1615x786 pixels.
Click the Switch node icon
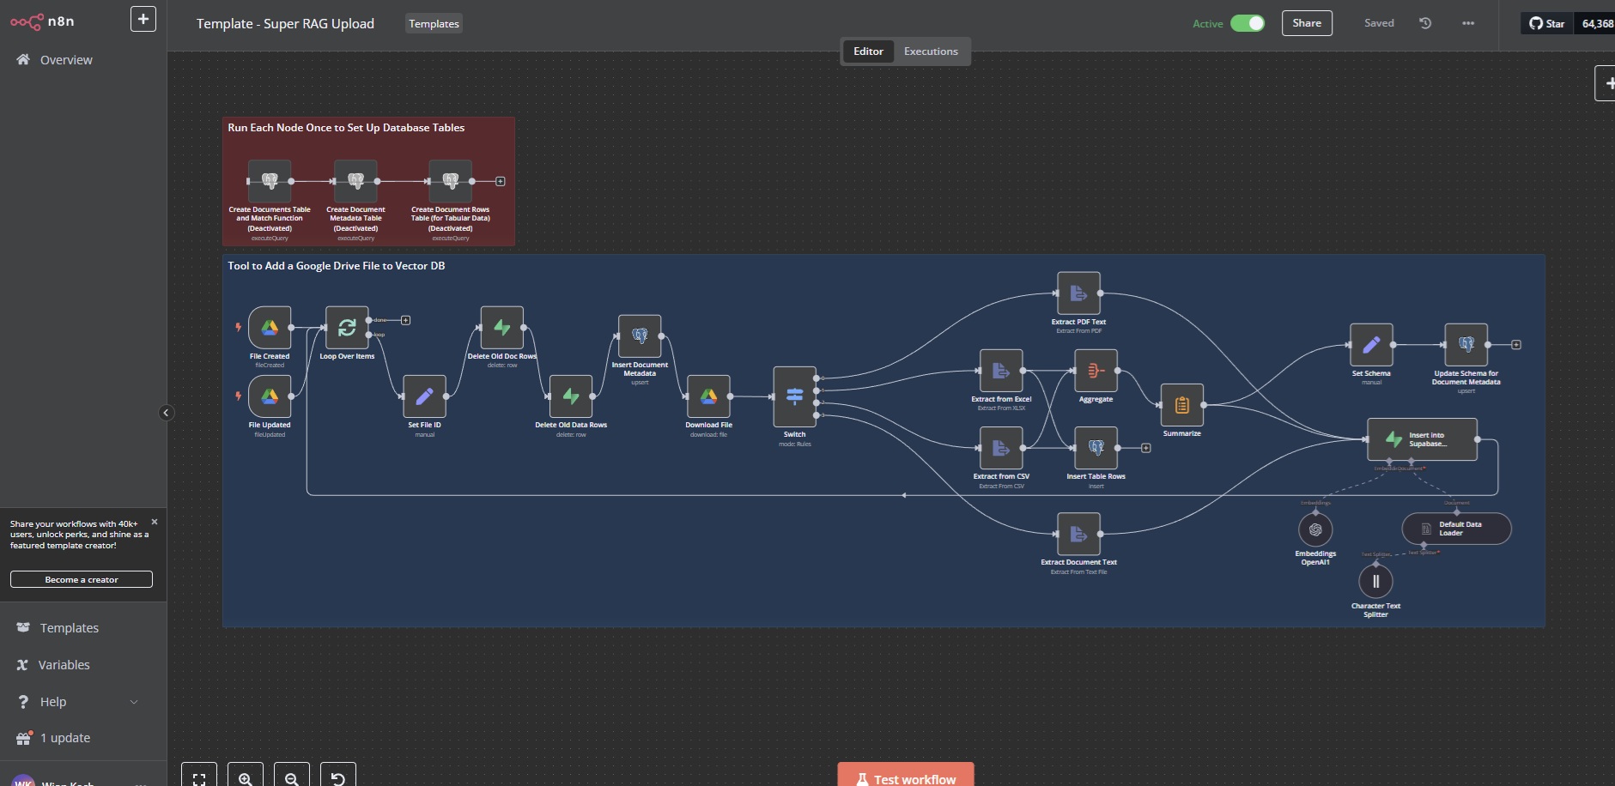(794, 396)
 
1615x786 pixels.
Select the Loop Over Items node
(347, 328)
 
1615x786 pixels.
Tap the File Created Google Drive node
(270, 328)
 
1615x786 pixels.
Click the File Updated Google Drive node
(270, 396)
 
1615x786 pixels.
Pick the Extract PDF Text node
(1078, 293)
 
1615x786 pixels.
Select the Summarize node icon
(1181, 405)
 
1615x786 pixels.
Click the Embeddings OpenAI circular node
(1315, 529)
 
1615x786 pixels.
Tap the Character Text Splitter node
(1375, 581)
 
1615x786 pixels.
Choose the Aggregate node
(1096, 371)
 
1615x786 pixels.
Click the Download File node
(708, 396)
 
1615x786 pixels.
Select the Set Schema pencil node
(1371, 345)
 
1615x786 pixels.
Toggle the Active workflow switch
(1247, 23)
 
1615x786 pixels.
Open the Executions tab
(931, 51)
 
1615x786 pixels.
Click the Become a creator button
(82, 580)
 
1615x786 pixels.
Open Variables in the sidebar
(64, 665)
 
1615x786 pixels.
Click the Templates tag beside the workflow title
(434, 24)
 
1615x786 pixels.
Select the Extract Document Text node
(1078, 534)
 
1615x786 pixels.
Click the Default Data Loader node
(1456, 529)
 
